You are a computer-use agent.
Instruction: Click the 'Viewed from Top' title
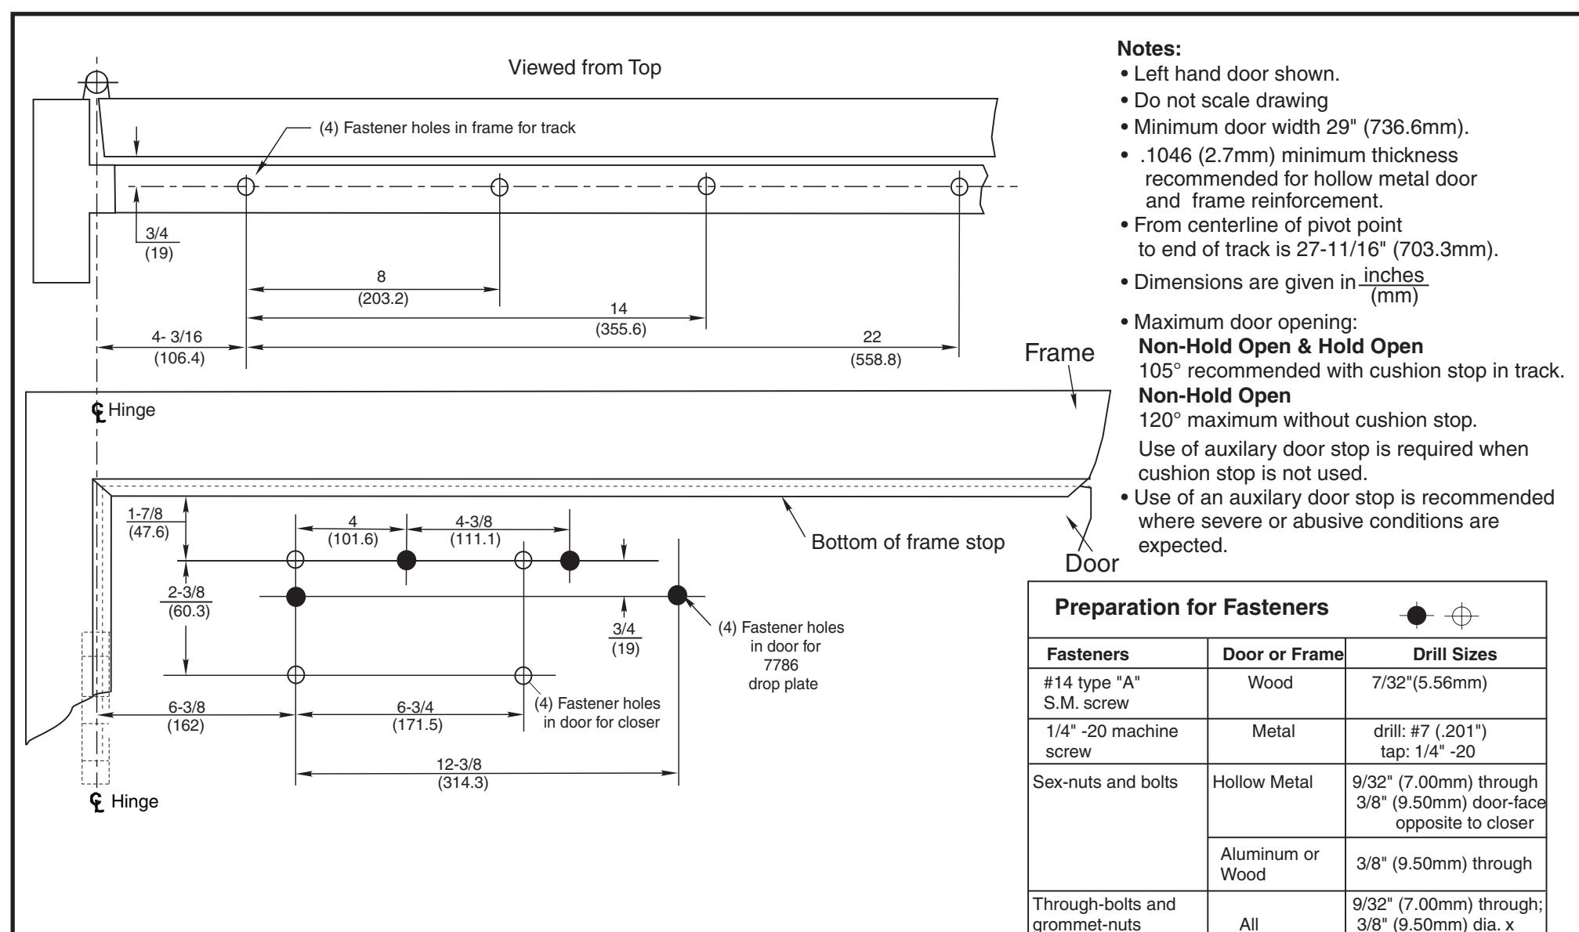[x=585, y=68]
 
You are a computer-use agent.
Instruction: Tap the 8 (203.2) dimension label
[x=381, y=287]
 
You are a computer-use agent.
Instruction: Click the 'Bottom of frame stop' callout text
[x=908, y=542]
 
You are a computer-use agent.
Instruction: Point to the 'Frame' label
[x=1059, y=353]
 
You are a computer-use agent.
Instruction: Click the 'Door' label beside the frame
[x=1092, y=562]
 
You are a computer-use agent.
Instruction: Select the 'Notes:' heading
[x=1150, y=49]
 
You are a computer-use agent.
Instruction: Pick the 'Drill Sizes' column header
[x=1454, y=654]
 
